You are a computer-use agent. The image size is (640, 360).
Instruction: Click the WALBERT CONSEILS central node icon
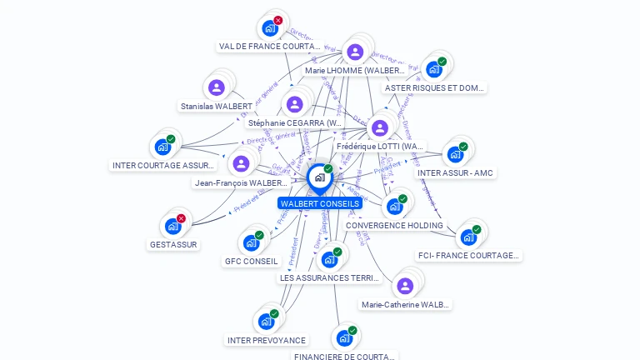[x=319, y=177]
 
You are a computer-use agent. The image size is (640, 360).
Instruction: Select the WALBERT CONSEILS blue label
[x=320, y=203]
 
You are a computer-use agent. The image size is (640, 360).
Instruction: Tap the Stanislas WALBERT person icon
[x=217, y=87]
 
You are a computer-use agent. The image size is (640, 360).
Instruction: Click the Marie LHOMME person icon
[x=355, y=52]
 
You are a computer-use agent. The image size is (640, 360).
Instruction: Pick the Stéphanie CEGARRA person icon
[x=294, y=104]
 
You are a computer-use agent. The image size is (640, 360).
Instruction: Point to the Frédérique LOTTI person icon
[x=380, y=127]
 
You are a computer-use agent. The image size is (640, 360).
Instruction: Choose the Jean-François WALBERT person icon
[x=241, y=163]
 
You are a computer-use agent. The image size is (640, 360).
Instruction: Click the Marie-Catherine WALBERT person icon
[x=405, y=286]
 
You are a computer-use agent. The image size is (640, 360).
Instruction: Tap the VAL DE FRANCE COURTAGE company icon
[x=269, y=28]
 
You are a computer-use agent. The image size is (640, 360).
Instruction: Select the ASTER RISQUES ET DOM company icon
[x=433, y=69]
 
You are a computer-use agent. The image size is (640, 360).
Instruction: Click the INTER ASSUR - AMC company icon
[x=454, y=154]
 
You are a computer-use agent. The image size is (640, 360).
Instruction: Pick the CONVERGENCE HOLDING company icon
[x=393, y=207]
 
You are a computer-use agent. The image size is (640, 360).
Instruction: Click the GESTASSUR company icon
[x=172, y=226]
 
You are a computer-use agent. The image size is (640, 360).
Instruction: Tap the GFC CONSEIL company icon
[x=250, y=242]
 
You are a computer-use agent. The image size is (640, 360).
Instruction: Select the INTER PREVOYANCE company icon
[x=265, y=321]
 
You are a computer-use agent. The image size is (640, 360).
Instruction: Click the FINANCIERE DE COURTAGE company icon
[x=342, y=338]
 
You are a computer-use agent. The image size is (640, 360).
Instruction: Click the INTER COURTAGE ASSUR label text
[x=164, y=166]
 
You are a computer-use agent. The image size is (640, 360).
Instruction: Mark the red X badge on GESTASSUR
[x=181, y=218]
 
